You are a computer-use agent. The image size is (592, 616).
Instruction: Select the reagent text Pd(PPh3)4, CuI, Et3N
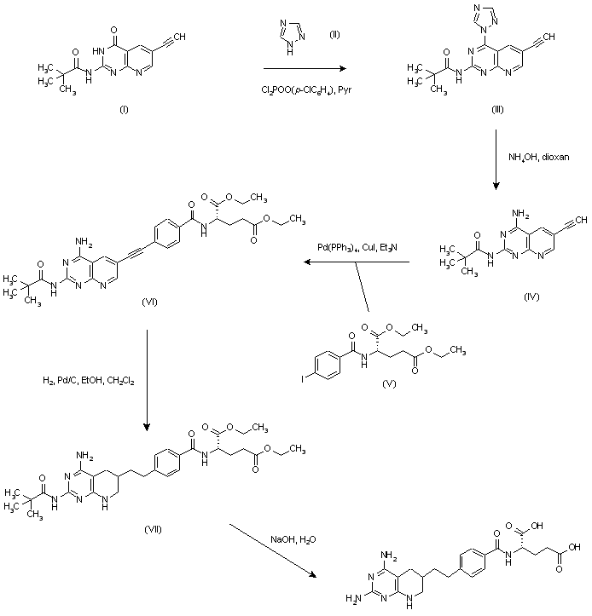pyautogui.click(x=359, y=248)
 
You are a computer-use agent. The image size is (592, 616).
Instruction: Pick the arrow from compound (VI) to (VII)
pyautogui.click(x=147, y=379)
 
